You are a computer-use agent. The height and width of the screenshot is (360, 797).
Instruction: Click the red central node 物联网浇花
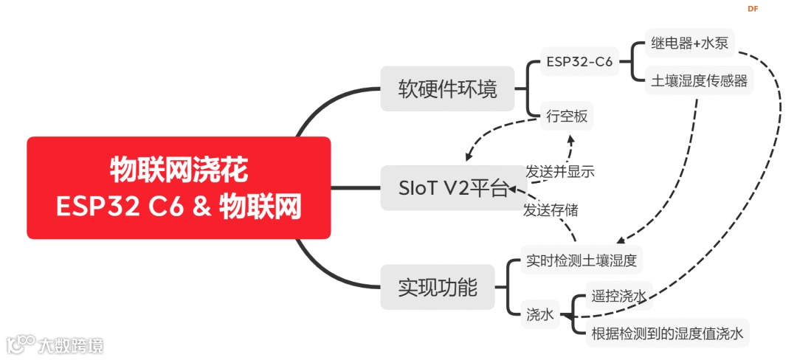pos(179,187)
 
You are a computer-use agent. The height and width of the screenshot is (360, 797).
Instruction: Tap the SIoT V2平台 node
pos(444,188)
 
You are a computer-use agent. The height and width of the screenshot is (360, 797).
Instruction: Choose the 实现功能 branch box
pos(438,286)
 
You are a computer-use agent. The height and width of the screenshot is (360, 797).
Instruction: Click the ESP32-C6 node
pos(579,63)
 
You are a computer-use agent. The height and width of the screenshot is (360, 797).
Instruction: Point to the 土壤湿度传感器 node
pos(699,81)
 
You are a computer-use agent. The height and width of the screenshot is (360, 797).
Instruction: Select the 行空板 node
pos(567,116)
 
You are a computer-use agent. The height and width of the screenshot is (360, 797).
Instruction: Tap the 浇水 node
pos(539,314)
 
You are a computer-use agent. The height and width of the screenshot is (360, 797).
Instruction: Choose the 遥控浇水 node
pos(618,297)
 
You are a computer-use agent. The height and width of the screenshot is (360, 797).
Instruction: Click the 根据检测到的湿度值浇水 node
pos(666,333)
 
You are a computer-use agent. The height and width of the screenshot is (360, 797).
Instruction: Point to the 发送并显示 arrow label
pos(560,171)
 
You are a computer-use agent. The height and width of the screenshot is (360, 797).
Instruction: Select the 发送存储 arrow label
pos(551,210)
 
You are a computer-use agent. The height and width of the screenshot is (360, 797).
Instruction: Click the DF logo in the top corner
pos(753,9)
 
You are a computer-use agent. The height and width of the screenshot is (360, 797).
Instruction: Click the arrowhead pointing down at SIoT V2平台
pos(468,156)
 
